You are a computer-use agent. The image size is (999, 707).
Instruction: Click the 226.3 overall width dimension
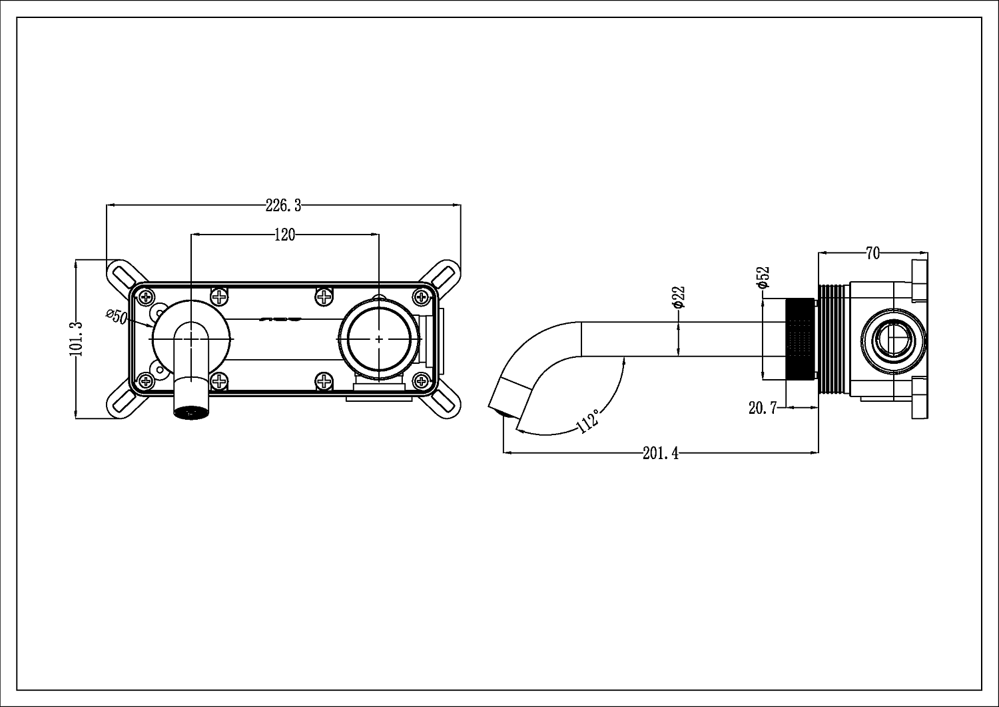(283, 206)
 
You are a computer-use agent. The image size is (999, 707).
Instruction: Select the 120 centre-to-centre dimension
(284, 235)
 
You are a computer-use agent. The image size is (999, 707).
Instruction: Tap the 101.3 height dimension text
(77, 339)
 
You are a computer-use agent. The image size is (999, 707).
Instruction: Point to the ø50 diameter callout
(117, 317)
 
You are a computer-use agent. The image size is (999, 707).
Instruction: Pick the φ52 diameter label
(763, 277)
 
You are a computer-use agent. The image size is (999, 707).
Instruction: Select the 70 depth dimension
(872, 253)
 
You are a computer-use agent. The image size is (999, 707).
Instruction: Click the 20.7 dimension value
(763, 408)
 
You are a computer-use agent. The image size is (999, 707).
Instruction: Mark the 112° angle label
(587, 420)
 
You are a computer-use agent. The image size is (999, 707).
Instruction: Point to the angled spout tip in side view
(507, 400)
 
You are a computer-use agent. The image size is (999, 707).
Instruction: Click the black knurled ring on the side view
(801, 339)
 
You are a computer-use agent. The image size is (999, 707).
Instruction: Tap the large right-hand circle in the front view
(378, 339)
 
